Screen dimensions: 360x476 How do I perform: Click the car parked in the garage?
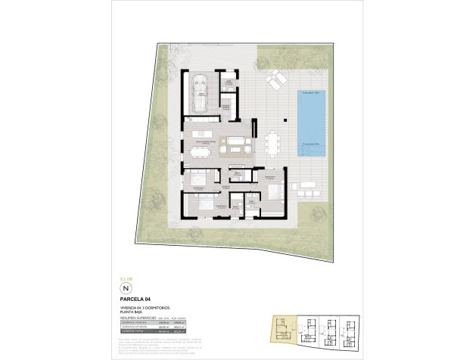[201, 92]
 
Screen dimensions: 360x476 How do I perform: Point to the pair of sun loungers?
[275, 78]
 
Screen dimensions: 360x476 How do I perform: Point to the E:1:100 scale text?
[126, 279]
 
